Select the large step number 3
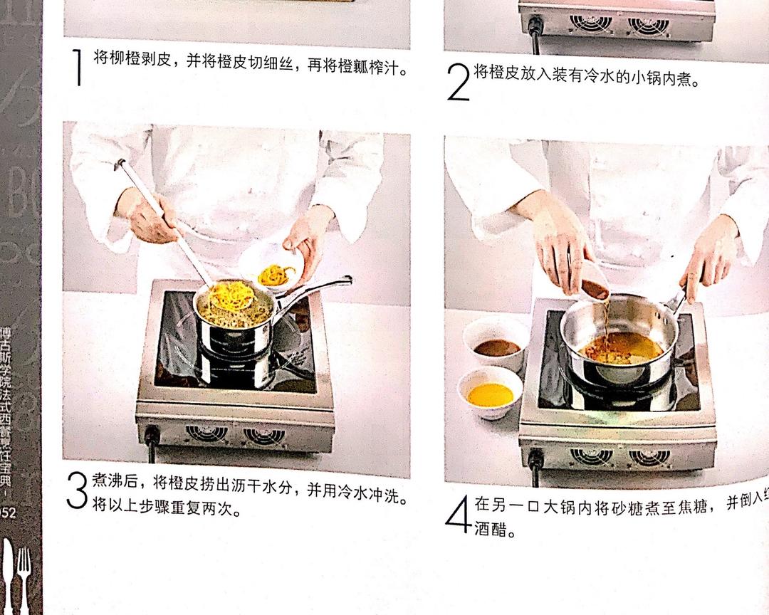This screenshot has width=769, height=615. click(77, 491)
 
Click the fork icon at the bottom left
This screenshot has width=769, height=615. click(23, 577)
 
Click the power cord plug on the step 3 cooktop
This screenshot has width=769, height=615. click(152, 435)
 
